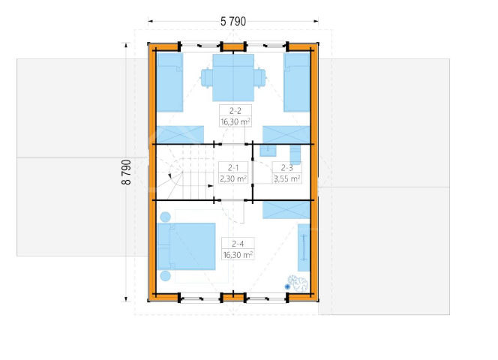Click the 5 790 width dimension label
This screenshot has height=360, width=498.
(x=233, y=21)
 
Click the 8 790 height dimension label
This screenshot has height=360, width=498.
(x=126, y=172)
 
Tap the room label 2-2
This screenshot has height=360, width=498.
(x=235, y=110)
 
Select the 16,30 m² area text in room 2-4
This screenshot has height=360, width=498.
(x=238, y=254)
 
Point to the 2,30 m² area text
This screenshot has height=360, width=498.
(x=233, y=178)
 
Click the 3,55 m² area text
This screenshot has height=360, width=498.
(x=286, y=178)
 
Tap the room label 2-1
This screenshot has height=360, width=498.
(x=233, y=167)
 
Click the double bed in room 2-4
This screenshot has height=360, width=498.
(x=187, y=247)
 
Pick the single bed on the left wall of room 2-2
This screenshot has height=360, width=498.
(x=170, y=82)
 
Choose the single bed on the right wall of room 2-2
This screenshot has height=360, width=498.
(x=297, y=82)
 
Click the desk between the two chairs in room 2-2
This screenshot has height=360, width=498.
(x=233, y=77)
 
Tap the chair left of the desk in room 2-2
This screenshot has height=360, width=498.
(x=207, y=77)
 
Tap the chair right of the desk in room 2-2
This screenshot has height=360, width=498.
(x=259, y=77)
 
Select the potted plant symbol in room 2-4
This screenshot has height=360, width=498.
(x=298, y=283)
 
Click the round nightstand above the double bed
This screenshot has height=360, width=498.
(x=166, y=217)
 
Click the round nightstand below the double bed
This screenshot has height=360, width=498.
(x=166, y=276)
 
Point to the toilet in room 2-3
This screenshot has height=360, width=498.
(x=295, y=154)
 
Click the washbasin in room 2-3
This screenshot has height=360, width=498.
(x=268, y=151)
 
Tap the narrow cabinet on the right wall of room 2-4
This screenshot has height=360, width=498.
(x=304, y=247)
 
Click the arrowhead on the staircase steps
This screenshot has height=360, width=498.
(x=210, y=185)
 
